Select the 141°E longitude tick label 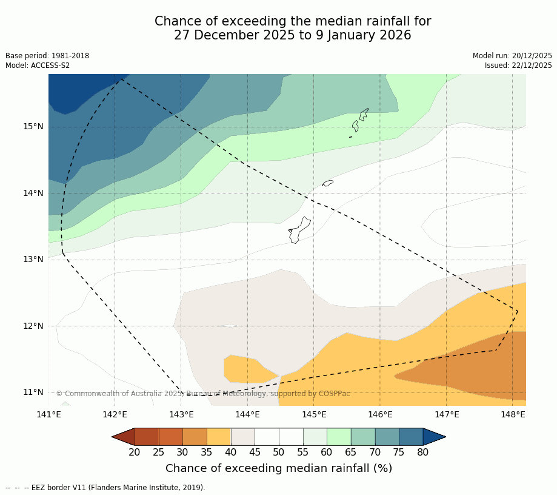click(x=48, y=415)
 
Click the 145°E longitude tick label click(x=314, y=415)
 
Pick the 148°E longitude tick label click(x=513, y=415)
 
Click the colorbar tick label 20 click(x=135, y=452)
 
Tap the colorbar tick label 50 click(x=279, y=452)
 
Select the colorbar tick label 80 click(x=422, y=452)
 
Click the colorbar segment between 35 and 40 click(x=219, y=437)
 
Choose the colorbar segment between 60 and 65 click(x=339, y=437)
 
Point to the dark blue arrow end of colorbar click(x=434, y=437)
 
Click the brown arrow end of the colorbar click(x=123, y=437)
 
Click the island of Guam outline click(x=299, y=231)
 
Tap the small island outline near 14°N click(x=328, y=183)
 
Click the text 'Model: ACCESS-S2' click(x=38, y=66)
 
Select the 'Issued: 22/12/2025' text click(x=518, y=66)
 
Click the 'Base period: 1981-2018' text click(x=47, y=56)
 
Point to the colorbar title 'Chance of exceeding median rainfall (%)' click(x=279, y=468)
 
